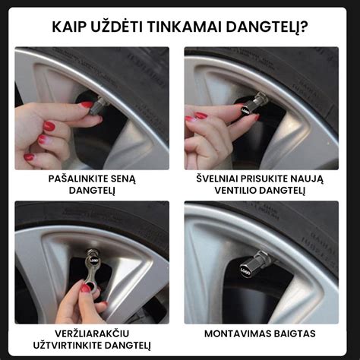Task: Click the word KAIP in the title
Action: (70, 27)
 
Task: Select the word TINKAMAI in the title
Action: (186, 27)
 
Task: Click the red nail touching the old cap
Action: (87, 105)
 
